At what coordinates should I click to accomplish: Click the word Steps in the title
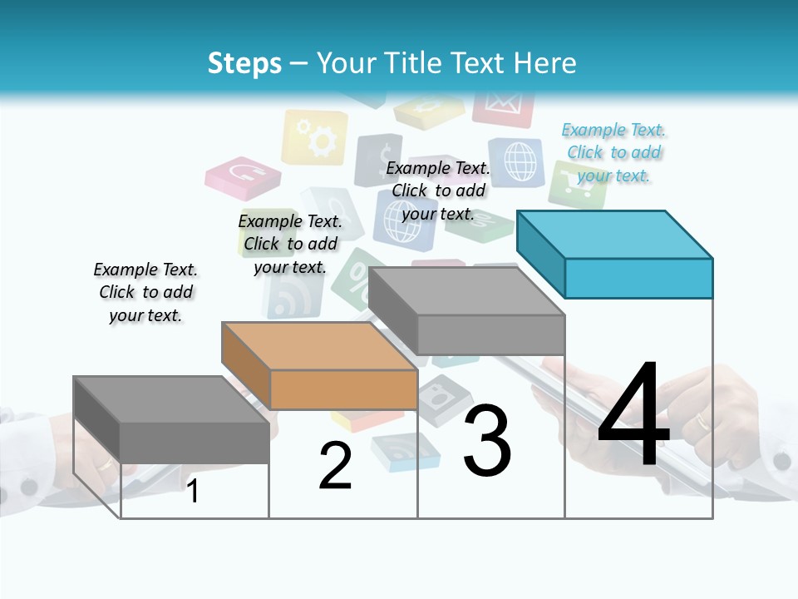(244, 63)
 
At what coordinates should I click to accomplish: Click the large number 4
(633, 416)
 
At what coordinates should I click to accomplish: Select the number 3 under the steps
(487, 441)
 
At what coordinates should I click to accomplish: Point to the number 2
(335, 466)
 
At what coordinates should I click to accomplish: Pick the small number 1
(193, 492)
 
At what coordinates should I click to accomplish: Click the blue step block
(615, 254)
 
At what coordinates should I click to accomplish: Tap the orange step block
(320, 366)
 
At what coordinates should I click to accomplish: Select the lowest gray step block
(171, 419)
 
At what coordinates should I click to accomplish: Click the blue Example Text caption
(613, 153)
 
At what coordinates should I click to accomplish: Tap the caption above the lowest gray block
(145, 292)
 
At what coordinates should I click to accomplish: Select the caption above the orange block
(290, 244)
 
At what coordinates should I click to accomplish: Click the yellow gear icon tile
(315, 138)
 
